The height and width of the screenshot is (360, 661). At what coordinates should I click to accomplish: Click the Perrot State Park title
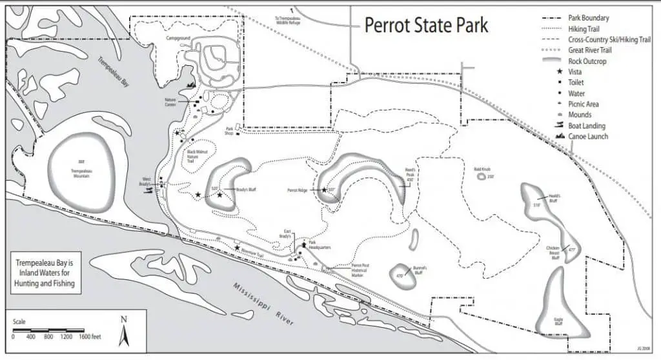pos(426,25)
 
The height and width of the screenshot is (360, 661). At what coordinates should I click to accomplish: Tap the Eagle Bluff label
pos(559,321)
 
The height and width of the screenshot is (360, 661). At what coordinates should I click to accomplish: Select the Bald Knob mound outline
pos(483,176)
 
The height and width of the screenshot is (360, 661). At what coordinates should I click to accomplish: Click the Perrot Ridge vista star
pos(323,190)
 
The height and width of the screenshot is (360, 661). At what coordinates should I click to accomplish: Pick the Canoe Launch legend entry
pos(588,137)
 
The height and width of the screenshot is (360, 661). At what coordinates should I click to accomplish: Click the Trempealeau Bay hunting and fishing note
pos(46,273)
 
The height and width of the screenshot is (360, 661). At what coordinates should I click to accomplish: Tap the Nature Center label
pos(170,102)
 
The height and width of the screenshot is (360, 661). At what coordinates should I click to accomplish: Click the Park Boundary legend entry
pos(588,18)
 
